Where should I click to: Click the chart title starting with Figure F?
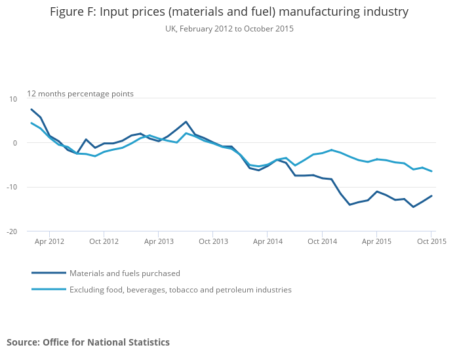[x=229, y=12]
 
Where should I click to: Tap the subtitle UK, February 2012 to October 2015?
[x=229, y=29]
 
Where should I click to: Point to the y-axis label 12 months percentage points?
[x=80, y=94]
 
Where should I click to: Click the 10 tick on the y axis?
[x=13, y=99]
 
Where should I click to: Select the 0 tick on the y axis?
[x=15, y=143]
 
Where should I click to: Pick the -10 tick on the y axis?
[x=12, y=188]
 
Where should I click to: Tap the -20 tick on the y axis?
[x=12, y=231]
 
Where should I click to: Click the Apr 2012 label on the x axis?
[x=49, y=241]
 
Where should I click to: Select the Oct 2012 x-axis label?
[x=104, y=241]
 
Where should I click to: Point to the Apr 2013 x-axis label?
[x=159, y=241]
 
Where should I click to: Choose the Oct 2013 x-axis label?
[x=213, y=241]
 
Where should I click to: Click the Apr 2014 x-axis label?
[x=268, y=241]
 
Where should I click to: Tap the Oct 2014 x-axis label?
[x=322, y=241]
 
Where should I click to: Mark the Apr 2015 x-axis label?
[x=377, y=241]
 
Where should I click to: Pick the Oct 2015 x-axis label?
[x=431, y=241]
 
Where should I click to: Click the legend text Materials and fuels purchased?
[x=125, y=273]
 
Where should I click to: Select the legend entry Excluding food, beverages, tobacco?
[x=180, y=290]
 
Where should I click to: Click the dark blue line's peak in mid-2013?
[x=186, y=122]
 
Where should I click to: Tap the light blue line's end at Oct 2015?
[x=431, y=171]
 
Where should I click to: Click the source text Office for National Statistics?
[x=88, y=342]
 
